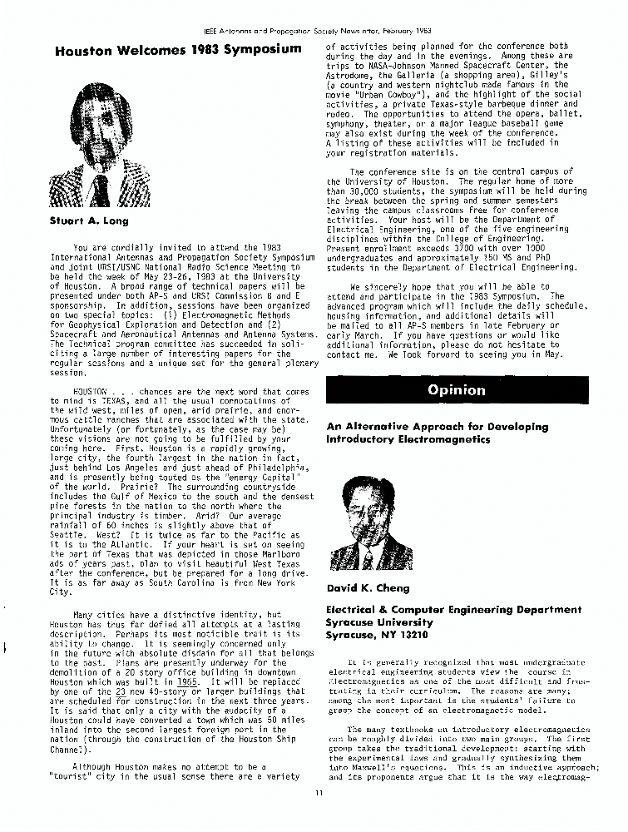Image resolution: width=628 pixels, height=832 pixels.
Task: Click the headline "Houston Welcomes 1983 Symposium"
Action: pos(178,50)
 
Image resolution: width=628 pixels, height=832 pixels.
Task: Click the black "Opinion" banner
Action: pos(456,389)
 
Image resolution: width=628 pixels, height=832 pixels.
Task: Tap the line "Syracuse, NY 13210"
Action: pos(377,634)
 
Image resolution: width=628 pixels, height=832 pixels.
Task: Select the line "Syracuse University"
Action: pos(379,622)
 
